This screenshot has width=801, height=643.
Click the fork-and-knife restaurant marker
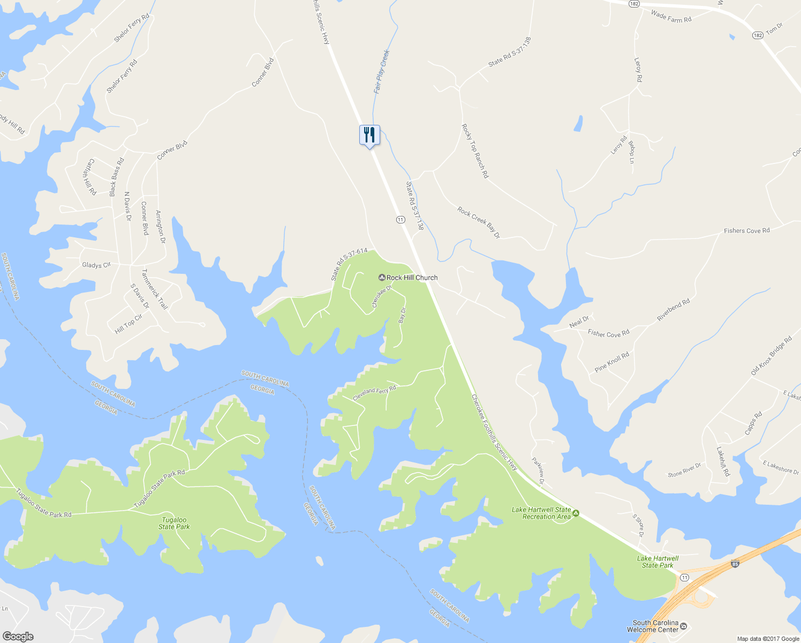[x=369, y=135]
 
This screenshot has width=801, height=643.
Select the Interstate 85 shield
[x=735, y=564]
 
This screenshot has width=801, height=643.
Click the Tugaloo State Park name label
[x=174, y=524]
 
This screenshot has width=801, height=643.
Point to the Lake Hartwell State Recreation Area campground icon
[x=576, y=513]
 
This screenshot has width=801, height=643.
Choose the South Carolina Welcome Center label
[x=655, y=626]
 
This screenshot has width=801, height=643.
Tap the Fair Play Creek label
[x=382, y=72]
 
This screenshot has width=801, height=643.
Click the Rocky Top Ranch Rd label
[x=475, y=151]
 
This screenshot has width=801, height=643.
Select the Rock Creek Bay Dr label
[x=479, y=222]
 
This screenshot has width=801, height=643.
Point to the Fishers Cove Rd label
[x=746, y=231]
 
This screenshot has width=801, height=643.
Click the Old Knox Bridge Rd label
[x=771, y=356]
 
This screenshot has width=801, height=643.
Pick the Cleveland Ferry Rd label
[x=374, y=393]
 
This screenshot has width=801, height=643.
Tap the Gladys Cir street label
[x=96, y=265]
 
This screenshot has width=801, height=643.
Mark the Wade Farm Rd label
[x=671, y=17]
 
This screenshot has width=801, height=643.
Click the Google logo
[x=18, y=636]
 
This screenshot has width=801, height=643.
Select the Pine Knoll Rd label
[x=612, y=362]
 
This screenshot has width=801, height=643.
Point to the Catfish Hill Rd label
[x=90, y=176]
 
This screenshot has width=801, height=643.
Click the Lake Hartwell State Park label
[x=658, y=562]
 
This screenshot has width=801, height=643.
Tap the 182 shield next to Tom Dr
[x=757, y=35]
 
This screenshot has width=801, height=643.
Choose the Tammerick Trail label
[x=155, y=290]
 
